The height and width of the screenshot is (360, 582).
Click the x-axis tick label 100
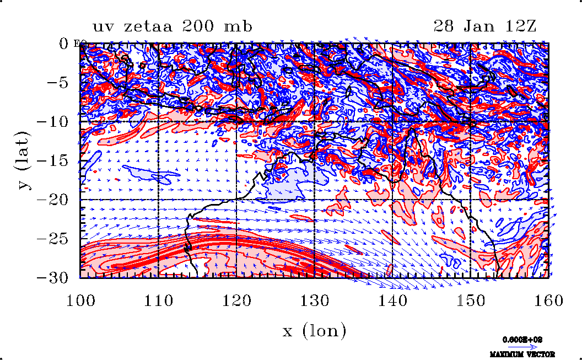80,300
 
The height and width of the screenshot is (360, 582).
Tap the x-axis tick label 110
158,300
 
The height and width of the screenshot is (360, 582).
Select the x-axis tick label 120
236,300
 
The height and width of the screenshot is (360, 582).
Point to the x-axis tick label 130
314,300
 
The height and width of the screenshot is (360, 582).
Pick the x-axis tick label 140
392,300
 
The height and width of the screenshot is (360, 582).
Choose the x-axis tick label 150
470,300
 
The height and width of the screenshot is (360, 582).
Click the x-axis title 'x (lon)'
314,331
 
